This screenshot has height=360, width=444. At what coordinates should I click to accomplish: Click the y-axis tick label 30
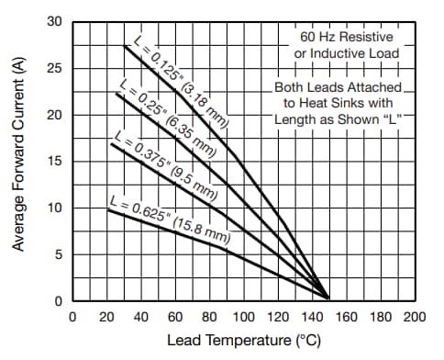[56, 22]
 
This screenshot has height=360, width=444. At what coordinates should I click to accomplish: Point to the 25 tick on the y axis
[56, 69]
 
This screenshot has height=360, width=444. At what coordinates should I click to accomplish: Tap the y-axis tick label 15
[56, 162]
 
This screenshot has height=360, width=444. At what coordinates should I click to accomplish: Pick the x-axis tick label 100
[243, 317]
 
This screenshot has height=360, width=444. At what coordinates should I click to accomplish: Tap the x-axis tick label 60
[175, 317]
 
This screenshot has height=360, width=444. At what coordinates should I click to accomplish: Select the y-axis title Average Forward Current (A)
[17, 163]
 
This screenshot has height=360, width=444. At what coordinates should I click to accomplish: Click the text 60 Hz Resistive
[345, 37]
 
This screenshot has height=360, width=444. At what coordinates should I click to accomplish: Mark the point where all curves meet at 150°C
[328, 297]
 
